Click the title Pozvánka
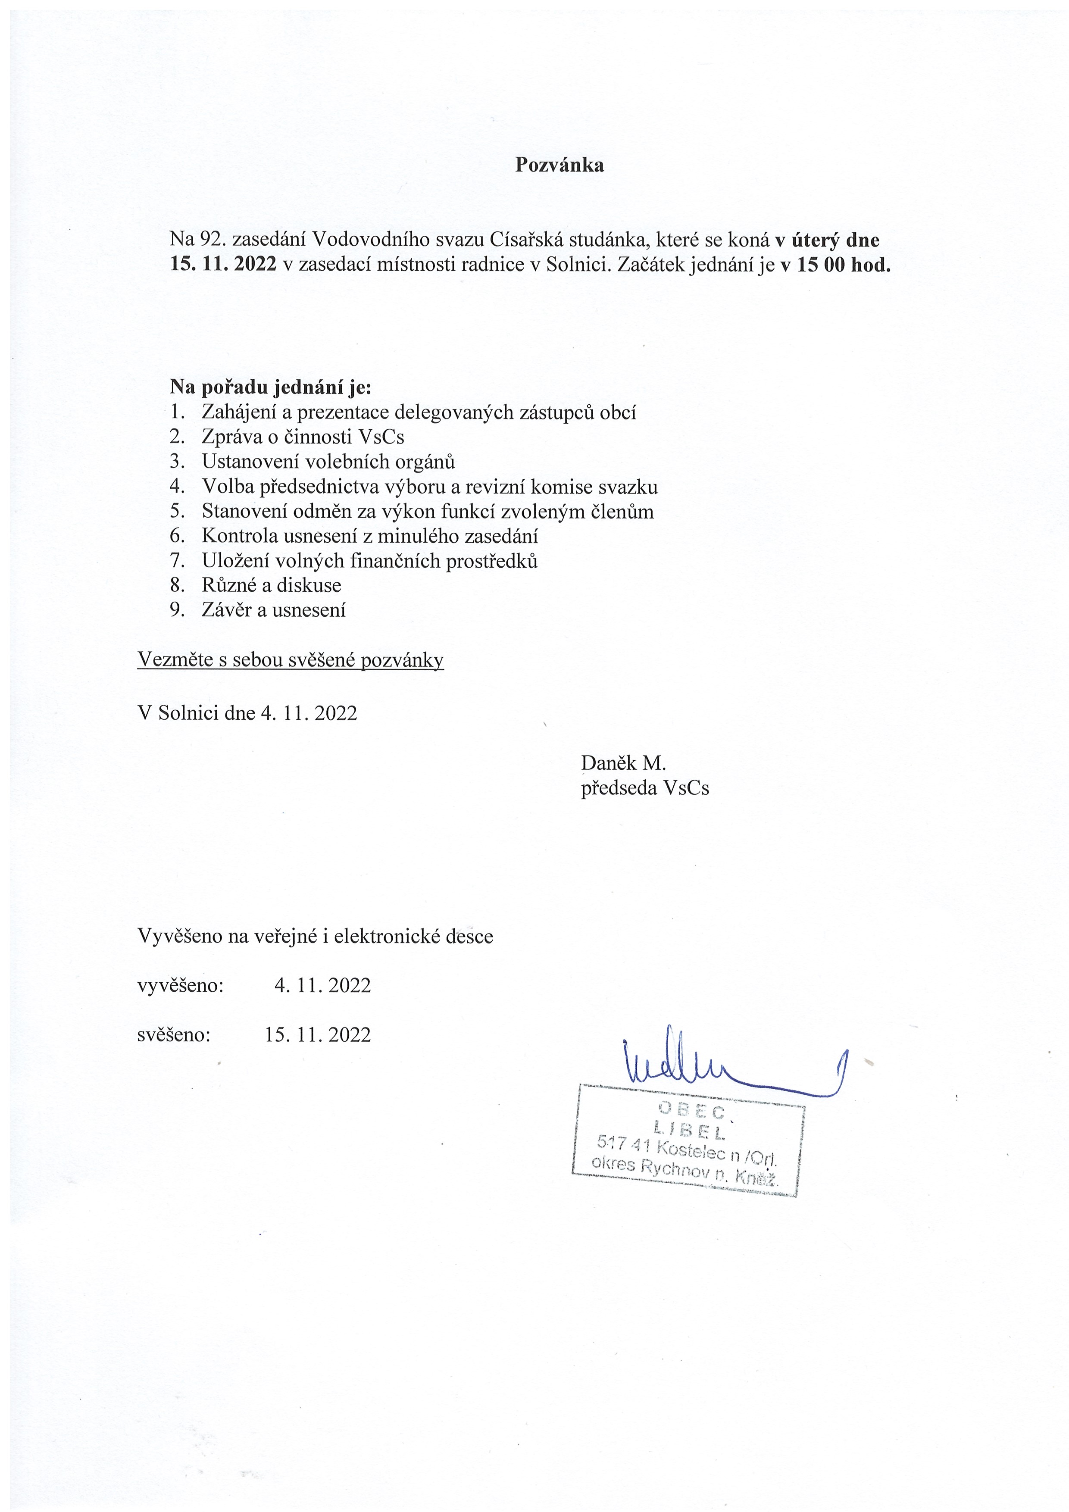point(559,165)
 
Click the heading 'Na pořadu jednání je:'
point(270,387)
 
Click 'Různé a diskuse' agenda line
point(272,585)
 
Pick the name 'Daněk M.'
point(623,763)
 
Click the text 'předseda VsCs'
point(645,788)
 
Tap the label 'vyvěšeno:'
point(181,985)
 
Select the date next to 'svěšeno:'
point(318,1034)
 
